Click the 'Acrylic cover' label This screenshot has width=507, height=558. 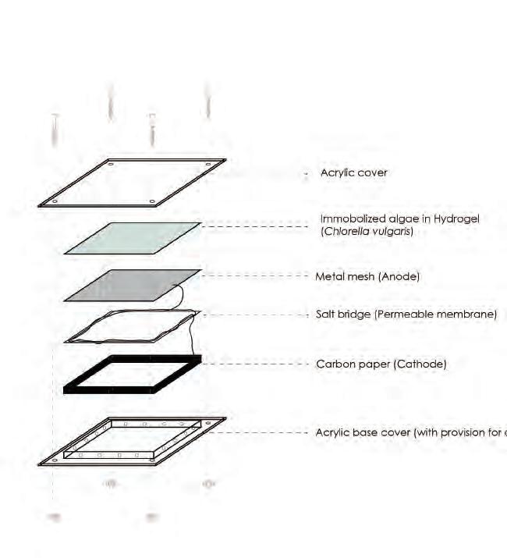353,172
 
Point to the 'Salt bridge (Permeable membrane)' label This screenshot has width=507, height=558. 406,315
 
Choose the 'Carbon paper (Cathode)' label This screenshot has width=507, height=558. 381,364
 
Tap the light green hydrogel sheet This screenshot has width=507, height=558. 133,238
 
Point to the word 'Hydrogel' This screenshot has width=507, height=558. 458,219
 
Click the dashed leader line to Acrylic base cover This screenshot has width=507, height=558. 265,432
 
